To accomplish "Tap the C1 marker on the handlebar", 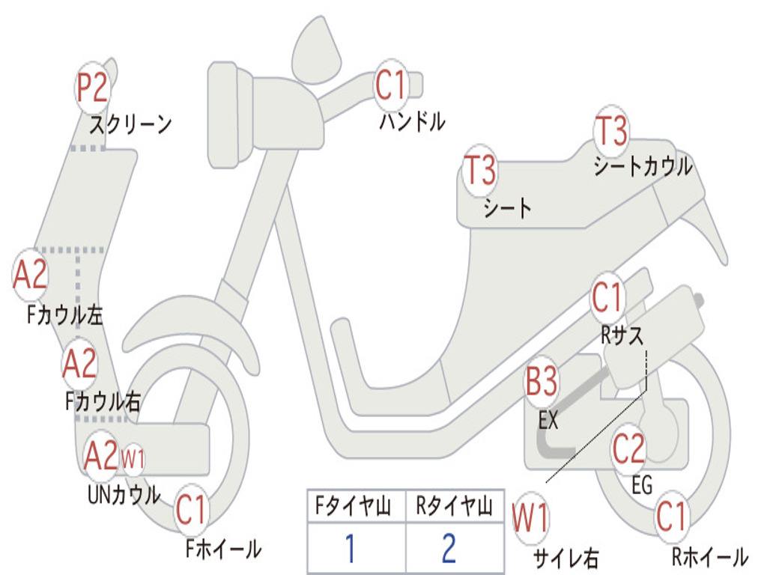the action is click(389, 85).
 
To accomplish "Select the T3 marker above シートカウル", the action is click(610, 131).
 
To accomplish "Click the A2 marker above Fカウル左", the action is click(31, 275).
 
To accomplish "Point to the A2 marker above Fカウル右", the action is click(79, 363).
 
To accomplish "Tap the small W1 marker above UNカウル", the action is click(133, 459).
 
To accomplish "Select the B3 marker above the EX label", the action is click(542, 383).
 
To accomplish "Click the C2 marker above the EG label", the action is click(628, 448).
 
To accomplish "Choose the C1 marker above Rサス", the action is click(607, 297).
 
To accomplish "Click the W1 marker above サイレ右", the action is click(530, 518).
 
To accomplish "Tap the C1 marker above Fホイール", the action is click(191, 511).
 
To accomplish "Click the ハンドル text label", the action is click(412, 121).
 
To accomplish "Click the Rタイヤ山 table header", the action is click(454, 507).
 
